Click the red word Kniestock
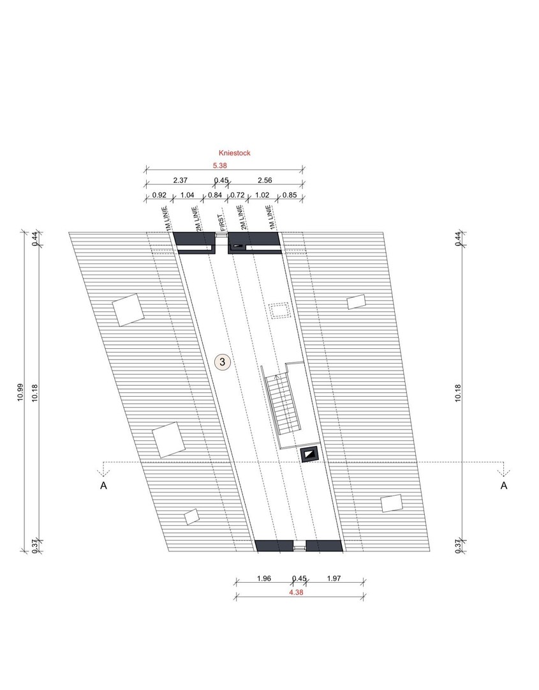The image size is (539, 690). [235, 153]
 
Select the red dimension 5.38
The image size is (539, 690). [219, 166]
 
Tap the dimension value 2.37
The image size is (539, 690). [180, 180]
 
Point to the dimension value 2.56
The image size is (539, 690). [265, 180]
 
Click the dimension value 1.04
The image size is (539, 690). [187, 195]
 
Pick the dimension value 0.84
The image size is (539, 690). [215, 195]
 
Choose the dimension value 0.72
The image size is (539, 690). [237, 195]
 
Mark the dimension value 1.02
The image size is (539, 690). [262, 195]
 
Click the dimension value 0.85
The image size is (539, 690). [290, 195]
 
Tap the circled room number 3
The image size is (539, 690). [223, 362]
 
